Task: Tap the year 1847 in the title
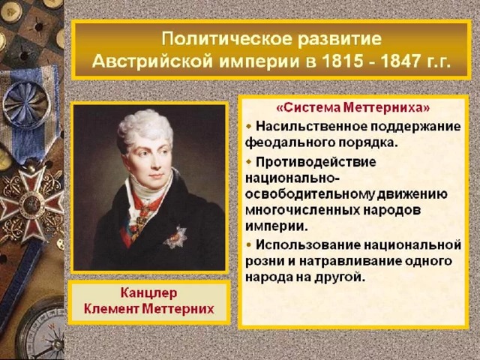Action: (x=402, y=61)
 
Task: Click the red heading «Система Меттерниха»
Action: (x=353, y=108)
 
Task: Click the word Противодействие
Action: (x=316, y=162)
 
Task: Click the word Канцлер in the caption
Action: (x=148, y=293)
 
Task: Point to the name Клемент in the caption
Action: (x=112, y=308)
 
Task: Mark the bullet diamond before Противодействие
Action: (x=248, y=161)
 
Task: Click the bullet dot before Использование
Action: (x=248, y=244)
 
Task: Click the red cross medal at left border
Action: (x=31, y=203)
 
